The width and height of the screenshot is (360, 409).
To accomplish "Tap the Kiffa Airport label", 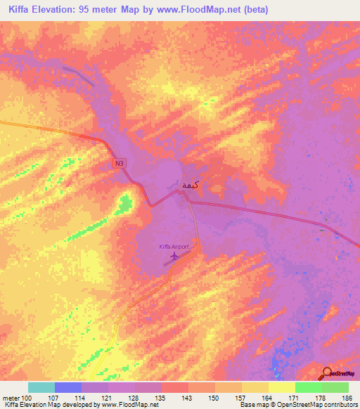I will (x=174, y=247).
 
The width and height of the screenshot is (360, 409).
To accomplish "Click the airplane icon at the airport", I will (x=174, y=256).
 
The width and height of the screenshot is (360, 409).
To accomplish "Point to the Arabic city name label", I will (x=184, y=185).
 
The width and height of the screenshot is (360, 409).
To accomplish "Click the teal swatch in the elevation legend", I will (x=41, y=387).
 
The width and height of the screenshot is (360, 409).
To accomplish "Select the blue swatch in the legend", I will (x=68, y=387).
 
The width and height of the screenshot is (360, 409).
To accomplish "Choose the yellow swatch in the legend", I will (x=281, y=387).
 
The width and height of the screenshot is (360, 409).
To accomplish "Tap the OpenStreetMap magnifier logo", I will (x=327, y=373).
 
